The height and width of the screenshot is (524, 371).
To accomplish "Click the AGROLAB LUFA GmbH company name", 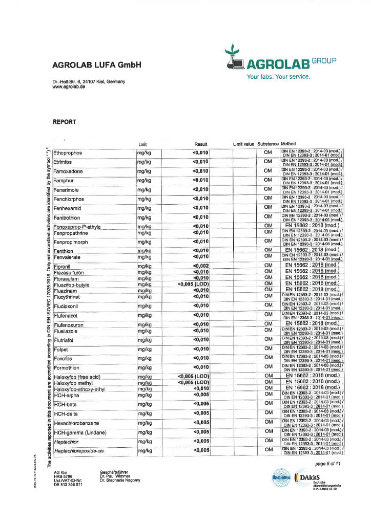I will point(96,65).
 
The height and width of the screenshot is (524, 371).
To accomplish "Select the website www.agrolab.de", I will point(69,87).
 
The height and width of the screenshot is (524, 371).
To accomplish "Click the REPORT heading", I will point(65,122).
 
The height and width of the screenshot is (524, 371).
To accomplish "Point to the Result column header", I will point(200,144).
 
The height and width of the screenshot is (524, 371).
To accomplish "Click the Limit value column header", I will point(243,144).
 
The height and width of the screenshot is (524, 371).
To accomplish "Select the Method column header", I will point(288,144).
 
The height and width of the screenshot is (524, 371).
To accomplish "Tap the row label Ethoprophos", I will point(68,152).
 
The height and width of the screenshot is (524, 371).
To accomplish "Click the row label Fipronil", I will point(63,266).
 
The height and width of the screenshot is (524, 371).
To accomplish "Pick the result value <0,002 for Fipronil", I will point(201,266).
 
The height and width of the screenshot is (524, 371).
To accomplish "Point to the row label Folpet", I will point(61,349).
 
